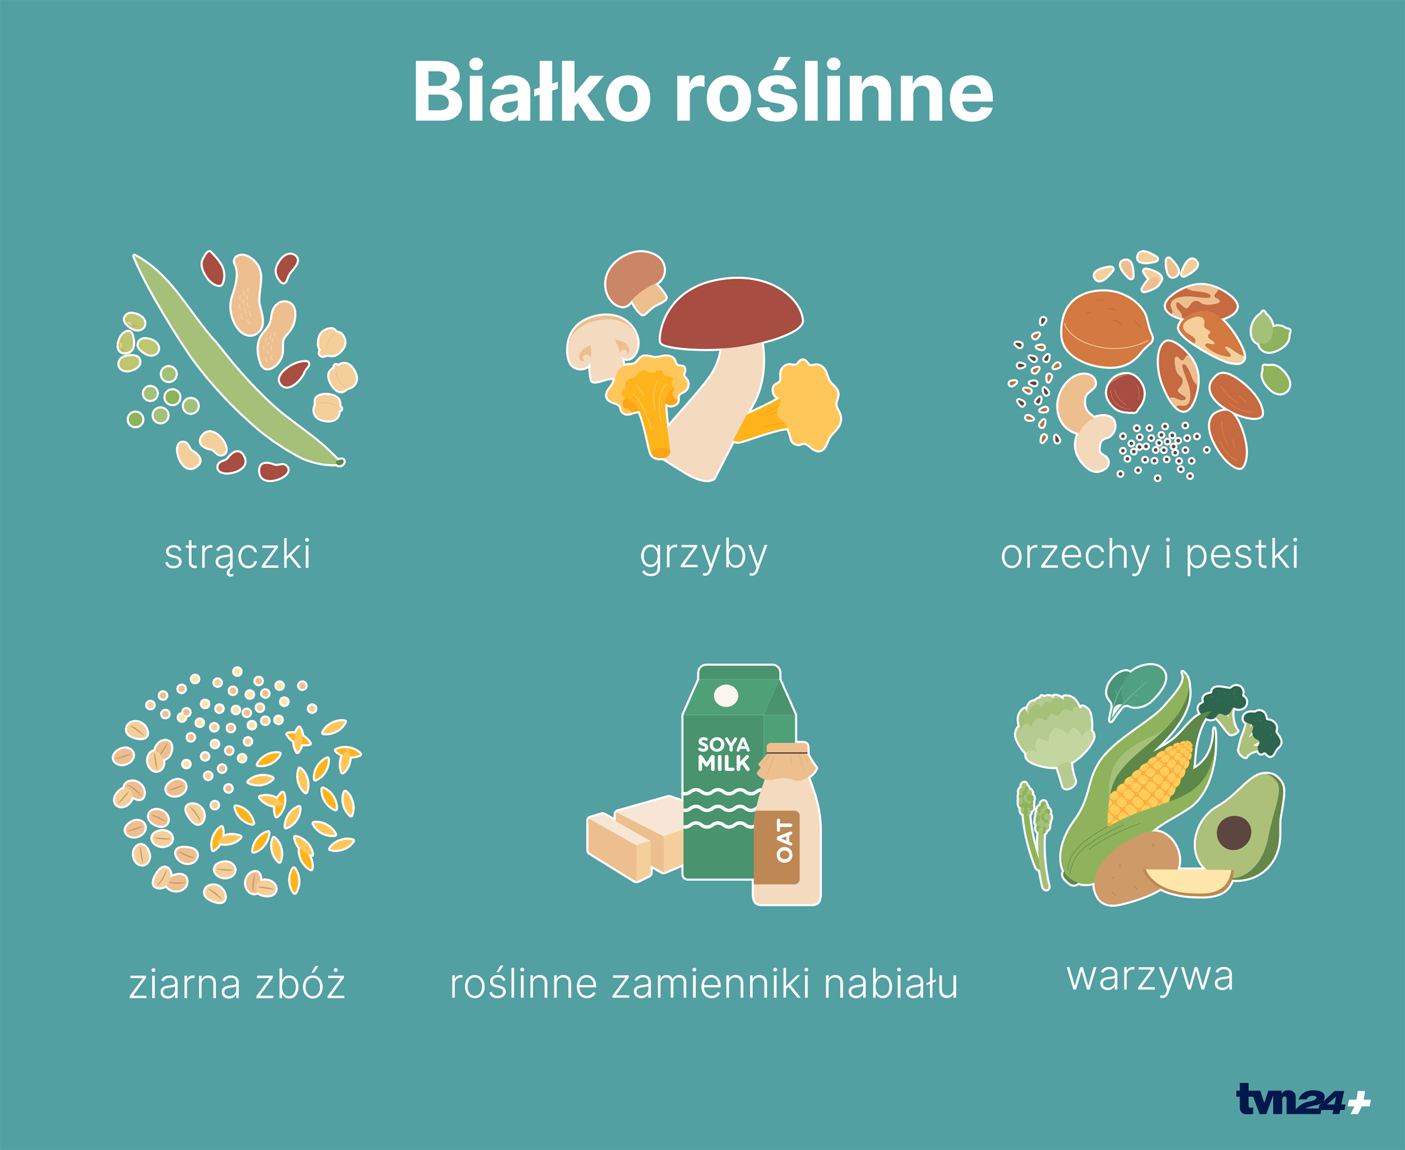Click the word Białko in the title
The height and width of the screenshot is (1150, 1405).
[532, 91]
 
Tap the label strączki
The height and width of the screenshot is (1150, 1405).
[238, 555]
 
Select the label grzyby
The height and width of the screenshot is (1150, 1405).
[703, 555]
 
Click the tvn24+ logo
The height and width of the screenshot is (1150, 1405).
[1303, 1099]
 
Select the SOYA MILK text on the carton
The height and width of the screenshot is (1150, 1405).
[723, 754]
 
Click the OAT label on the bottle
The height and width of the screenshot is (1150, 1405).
[784, 841]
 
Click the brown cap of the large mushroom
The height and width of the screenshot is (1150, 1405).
[731, 314]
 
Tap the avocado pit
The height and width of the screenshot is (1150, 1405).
[1234, 833]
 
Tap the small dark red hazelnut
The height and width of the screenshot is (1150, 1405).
[1125, 393]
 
